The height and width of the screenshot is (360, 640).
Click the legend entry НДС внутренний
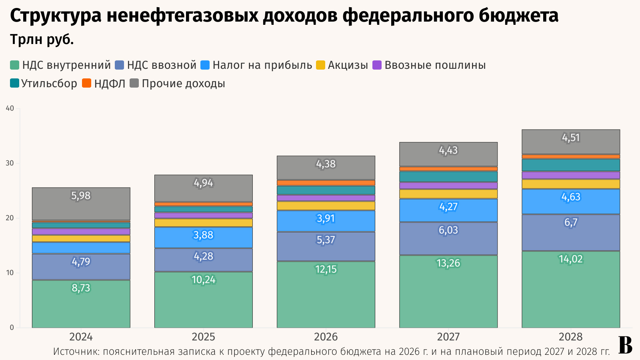(60, 65)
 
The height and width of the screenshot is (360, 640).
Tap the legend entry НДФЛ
(104, 84)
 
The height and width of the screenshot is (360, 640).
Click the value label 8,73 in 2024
(81, 288)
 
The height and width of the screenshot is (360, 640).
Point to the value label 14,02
(571, 259)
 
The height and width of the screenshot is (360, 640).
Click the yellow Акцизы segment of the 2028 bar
(571, 184)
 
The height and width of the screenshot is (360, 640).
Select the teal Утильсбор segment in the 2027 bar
(448, 176)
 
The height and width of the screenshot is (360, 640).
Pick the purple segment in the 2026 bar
(326, 198)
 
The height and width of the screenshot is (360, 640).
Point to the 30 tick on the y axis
(10, 163)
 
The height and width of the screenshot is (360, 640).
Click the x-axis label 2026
(326, 337)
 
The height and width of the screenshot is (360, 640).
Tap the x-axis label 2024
(81, 337)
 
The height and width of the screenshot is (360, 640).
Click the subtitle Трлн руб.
(42, 40)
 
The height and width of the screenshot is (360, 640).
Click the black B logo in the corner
(625, 345)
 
